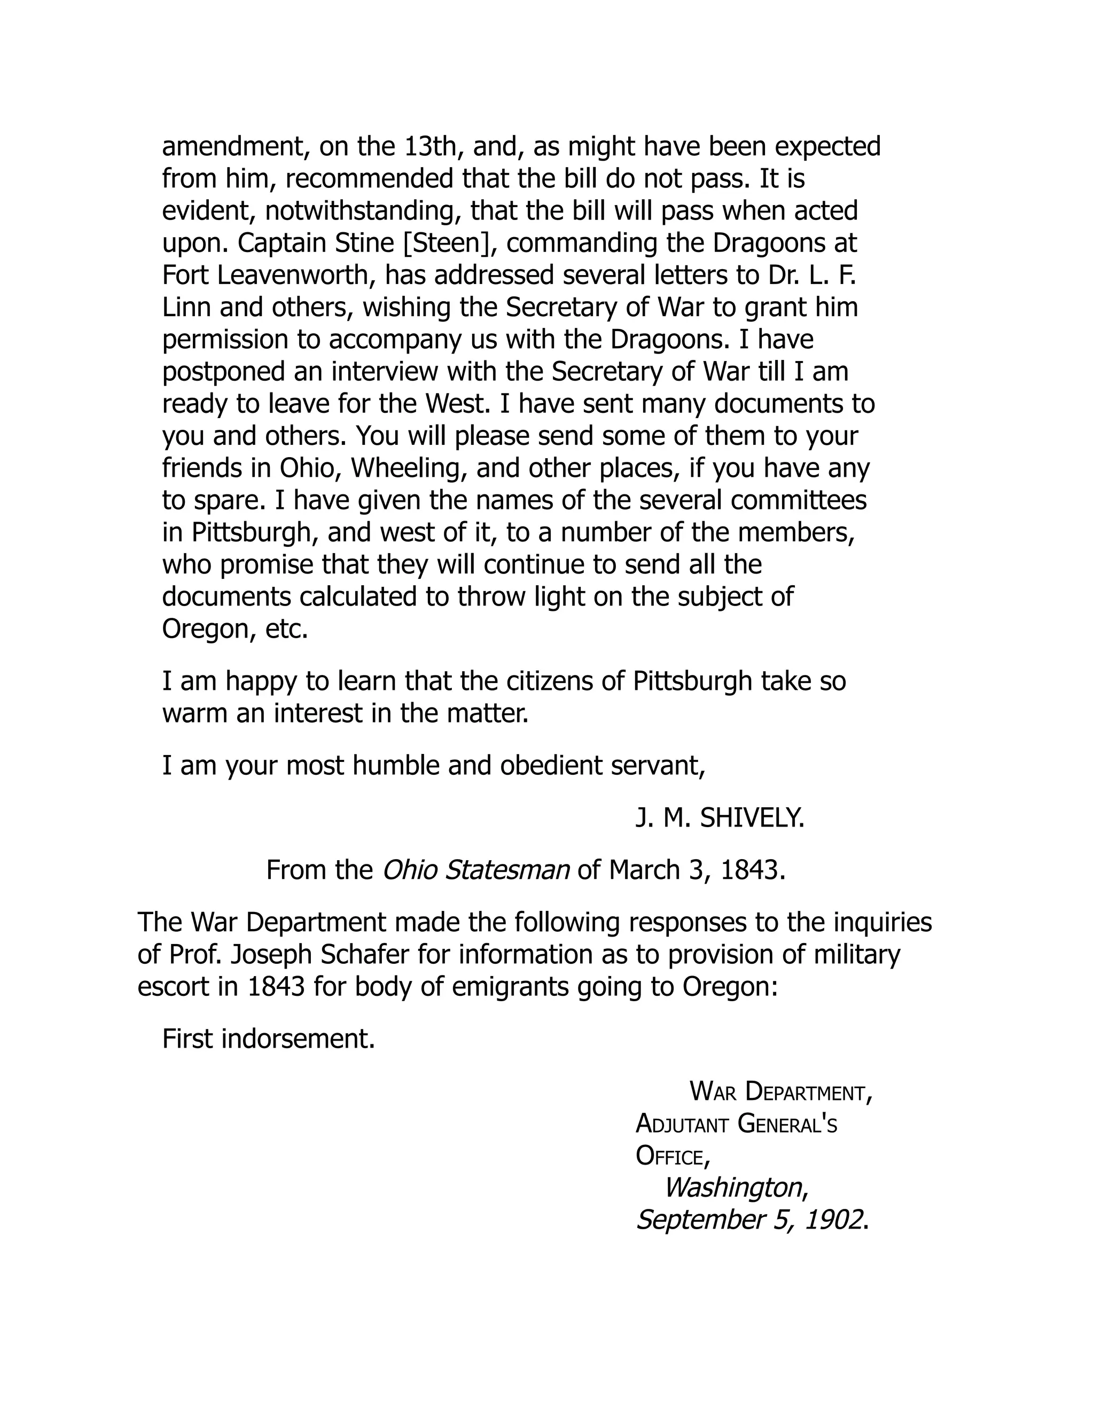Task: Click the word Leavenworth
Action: tap(295, 276)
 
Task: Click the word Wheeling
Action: tap(408, 468)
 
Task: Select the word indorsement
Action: tap(298, 1039)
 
